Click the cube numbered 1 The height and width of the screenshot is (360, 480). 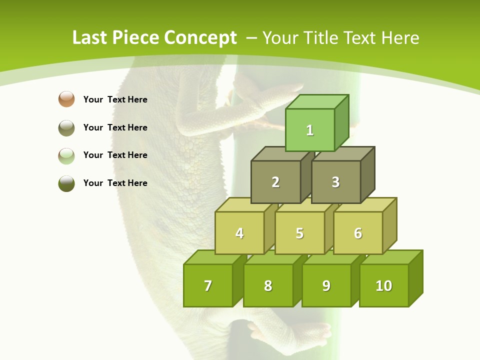click(x=310, y=130)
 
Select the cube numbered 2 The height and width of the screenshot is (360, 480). click(x=275, y=182)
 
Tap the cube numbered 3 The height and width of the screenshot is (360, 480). click(x=335, y=182)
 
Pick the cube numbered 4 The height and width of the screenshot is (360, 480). click(x=239, y=233)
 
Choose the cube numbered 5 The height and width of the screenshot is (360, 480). click(x=299, y=233)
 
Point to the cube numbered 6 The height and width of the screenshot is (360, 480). click(x=358, y=233)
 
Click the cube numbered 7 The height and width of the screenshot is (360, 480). click(x=208, y=285)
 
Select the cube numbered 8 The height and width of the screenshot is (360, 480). click(x=268, y=285)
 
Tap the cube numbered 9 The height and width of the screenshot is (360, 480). click(x=326, y=285)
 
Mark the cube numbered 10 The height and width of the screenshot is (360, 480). click(x=383, y=285)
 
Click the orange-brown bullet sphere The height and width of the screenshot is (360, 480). click(x=66, y=99)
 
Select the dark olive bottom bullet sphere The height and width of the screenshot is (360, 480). click(x=66, y=183)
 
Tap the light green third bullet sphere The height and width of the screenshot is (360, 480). click(x=66, y=155)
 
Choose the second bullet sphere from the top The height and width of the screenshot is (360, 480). click(x=66, y=127)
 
